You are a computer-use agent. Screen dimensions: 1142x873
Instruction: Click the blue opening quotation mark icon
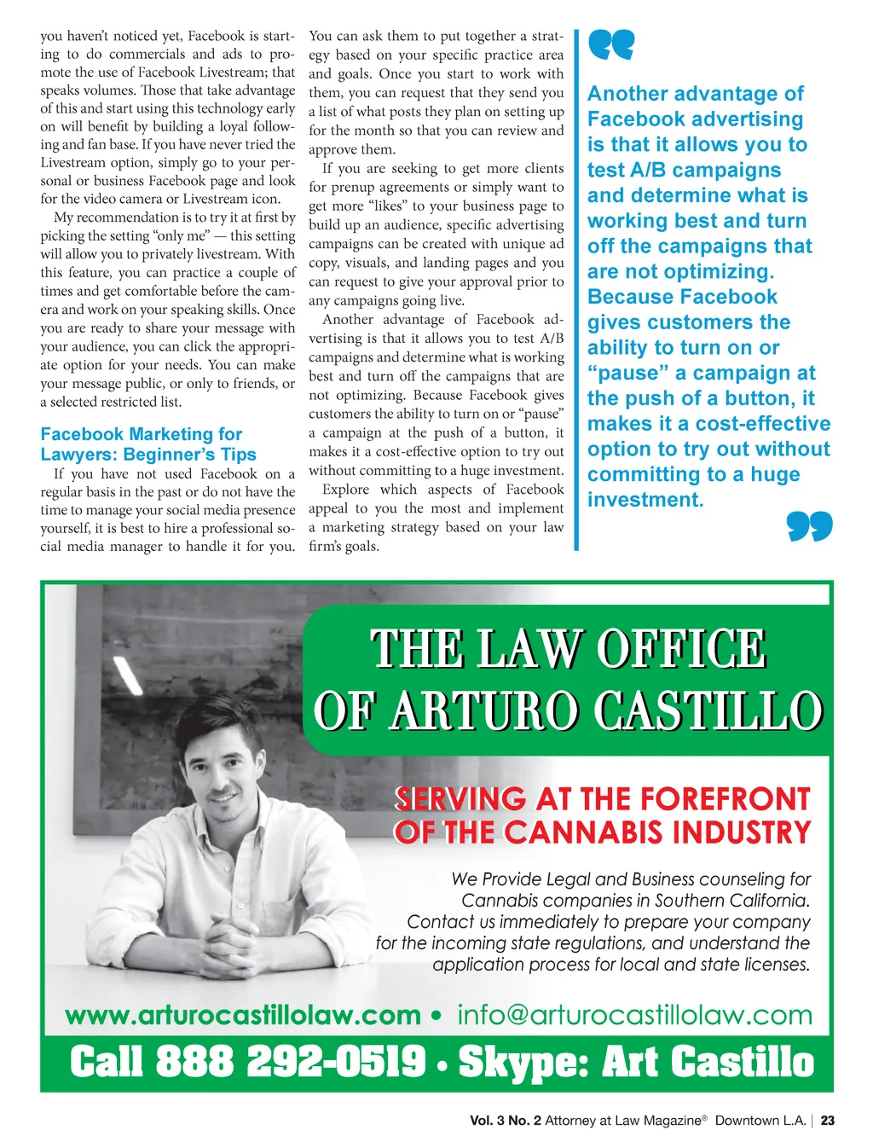click(x=611, y=45)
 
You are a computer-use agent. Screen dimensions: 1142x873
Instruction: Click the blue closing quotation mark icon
click(x=809, y=526)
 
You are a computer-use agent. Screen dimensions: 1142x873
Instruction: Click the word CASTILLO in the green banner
click(x=708, y=710)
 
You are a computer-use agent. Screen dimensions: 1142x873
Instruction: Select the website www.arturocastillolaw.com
click(x=243, y=1015)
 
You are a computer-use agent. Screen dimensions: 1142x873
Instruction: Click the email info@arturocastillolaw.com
click(x=634, y=1015)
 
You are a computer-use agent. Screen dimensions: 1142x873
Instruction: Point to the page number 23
click(x=828, y=1121)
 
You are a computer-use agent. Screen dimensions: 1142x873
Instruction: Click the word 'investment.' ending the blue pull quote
click(x=645, y=500)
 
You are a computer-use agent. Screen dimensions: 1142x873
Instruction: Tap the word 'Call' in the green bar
click(x=107, y=1063)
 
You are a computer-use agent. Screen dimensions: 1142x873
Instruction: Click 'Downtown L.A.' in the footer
click(x=760, y=1121)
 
